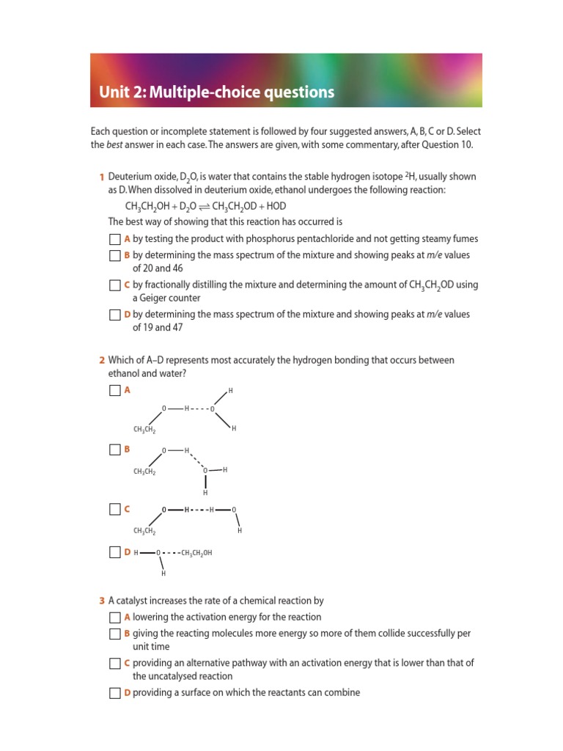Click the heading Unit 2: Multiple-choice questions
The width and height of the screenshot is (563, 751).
[217, 92]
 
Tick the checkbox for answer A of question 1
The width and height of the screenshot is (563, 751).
[114, 239]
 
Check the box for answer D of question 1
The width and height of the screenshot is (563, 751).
[114, 315]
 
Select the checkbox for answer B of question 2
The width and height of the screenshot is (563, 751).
[114, 450]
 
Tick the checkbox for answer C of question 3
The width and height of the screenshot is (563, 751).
[114, 663]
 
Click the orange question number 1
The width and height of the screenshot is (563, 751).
[101, 177]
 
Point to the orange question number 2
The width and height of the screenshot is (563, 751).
[101, 360]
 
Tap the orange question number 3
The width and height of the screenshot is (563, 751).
[101, 601]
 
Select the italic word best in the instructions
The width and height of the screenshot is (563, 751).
[117, 144]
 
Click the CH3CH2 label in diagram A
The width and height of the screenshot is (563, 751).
[144, 430]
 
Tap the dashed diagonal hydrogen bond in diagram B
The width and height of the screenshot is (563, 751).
[196, 460]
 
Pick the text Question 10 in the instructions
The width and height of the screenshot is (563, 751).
[448, 144]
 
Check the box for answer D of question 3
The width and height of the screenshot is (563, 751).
[114, 693]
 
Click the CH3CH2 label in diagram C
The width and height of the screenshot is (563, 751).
[144, 531]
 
